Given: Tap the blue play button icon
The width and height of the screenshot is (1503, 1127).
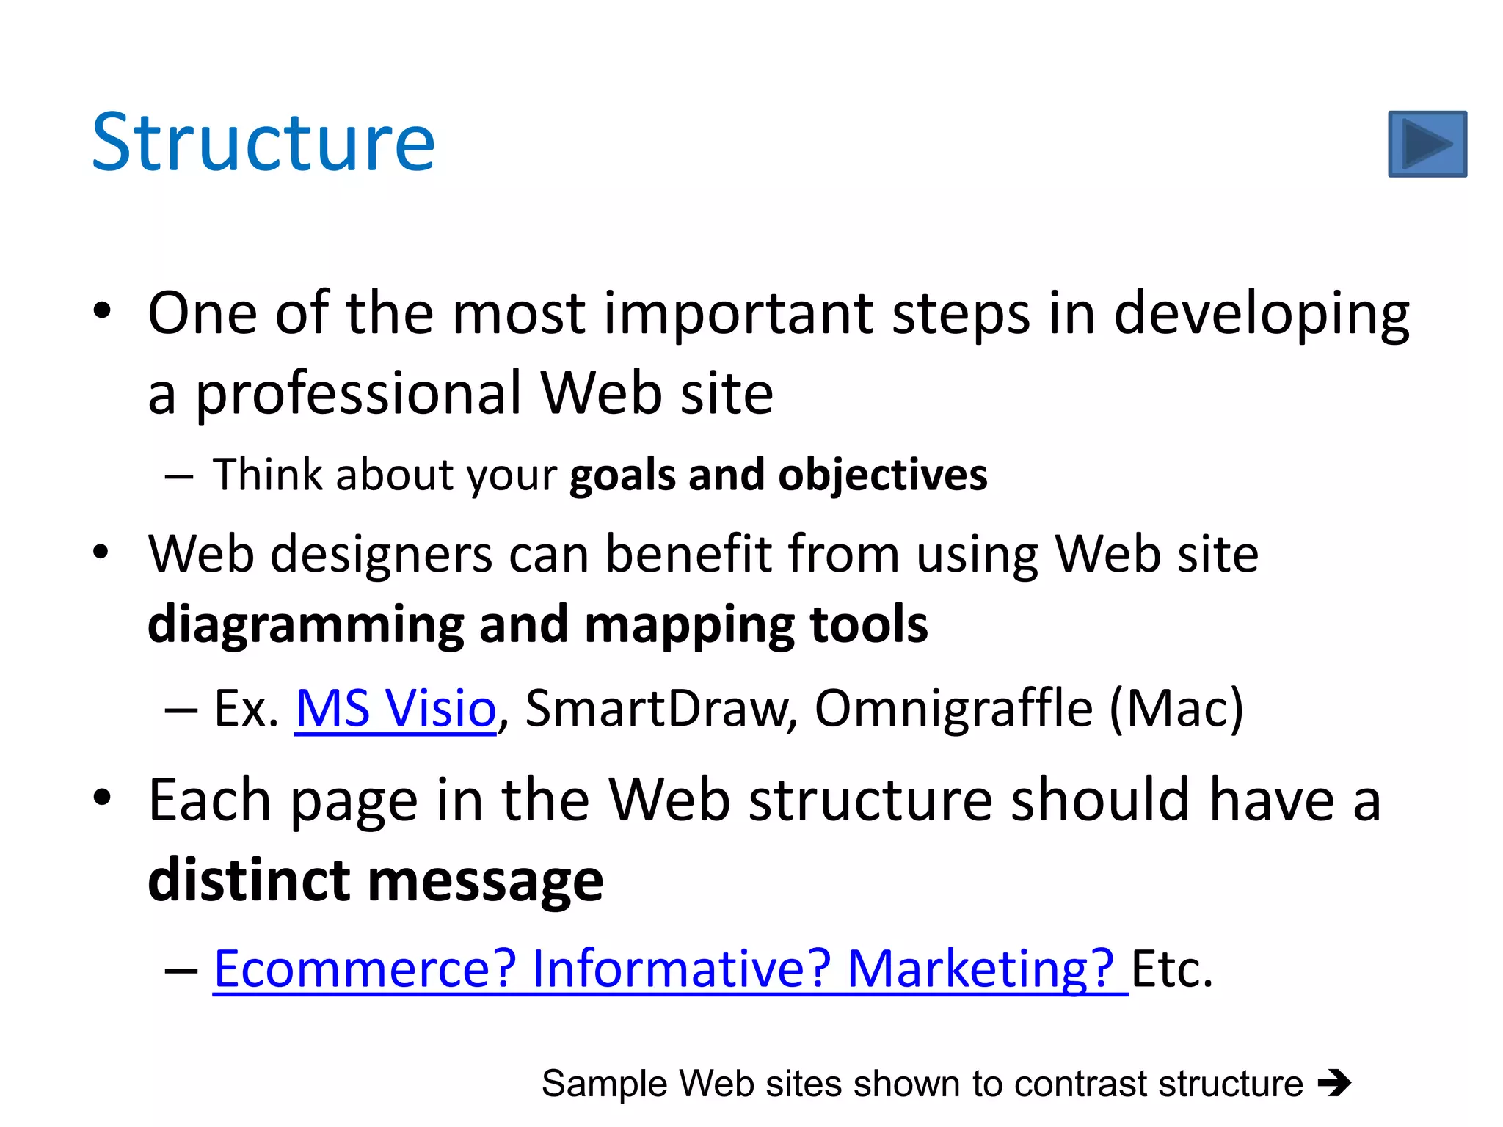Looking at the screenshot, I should point(1427,144).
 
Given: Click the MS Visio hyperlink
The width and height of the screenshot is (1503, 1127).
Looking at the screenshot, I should point(396,708).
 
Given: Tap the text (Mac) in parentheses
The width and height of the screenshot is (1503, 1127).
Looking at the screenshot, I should point(1176,708).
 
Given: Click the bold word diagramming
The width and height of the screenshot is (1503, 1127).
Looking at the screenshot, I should point(305,625).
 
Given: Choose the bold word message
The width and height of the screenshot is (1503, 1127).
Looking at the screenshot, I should point(485,880).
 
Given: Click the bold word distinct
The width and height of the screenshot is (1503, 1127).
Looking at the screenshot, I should point(249,880).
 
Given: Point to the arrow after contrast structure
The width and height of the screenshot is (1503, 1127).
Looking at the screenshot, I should point(1333,1083).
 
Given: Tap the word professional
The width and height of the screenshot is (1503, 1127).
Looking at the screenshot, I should point(359,394).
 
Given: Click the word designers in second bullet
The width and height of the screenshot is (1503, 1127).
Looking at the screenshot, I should point(381,554).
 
